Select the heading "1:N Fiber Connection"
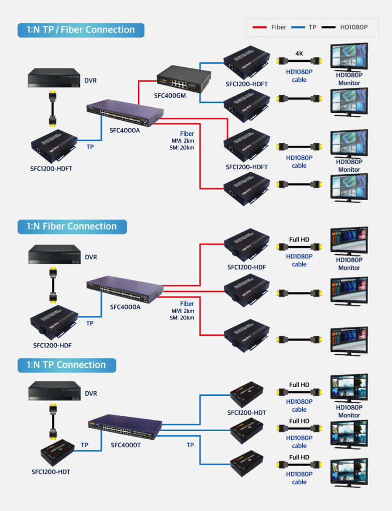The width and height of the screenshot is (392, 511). click(72, 226)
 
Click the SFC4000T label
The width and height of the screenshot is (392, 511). click(125, 445)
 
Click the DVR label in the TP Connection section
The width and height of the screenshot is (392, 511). click(91, 393)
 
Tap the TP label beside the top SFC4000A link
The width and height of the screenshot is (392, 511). click(90, 147)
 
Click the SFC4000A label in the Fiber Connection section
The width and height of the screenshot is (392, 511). click(125, 307)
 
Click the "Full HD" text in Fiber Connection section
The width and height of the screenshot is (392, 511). click(299, 240)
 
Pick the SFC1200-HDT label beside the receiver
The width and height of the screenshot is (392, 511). click(247, 413)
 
